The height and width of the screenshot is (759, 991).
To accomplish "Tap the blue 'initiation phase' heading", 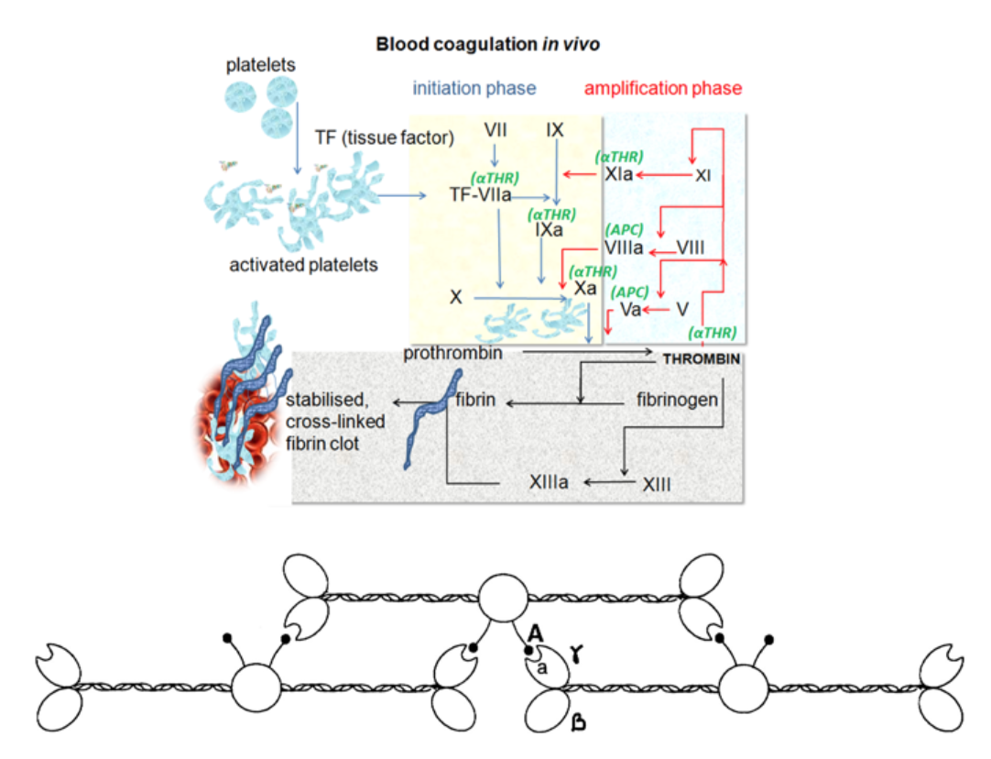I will point(474,88).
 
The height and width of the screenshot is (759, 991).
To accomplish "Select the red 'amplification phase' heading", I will point(663,88).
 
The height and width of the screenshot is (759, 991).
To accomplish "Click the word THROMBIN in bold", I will point(701,359).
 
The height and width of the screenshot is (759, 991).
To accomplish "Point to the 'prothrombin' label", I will point(452,352).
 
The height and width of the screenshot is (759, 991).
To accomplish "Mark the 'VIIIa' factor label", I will point(624,247).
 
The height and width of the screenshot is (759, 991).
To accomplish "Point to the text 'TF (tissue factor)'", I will point(397,138).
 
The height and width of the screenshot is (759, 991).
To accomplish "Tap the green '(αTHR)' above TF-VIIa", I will point(495,178).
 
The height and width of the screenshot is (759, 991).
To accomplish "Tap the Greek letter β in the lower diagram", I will point(578,724).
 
